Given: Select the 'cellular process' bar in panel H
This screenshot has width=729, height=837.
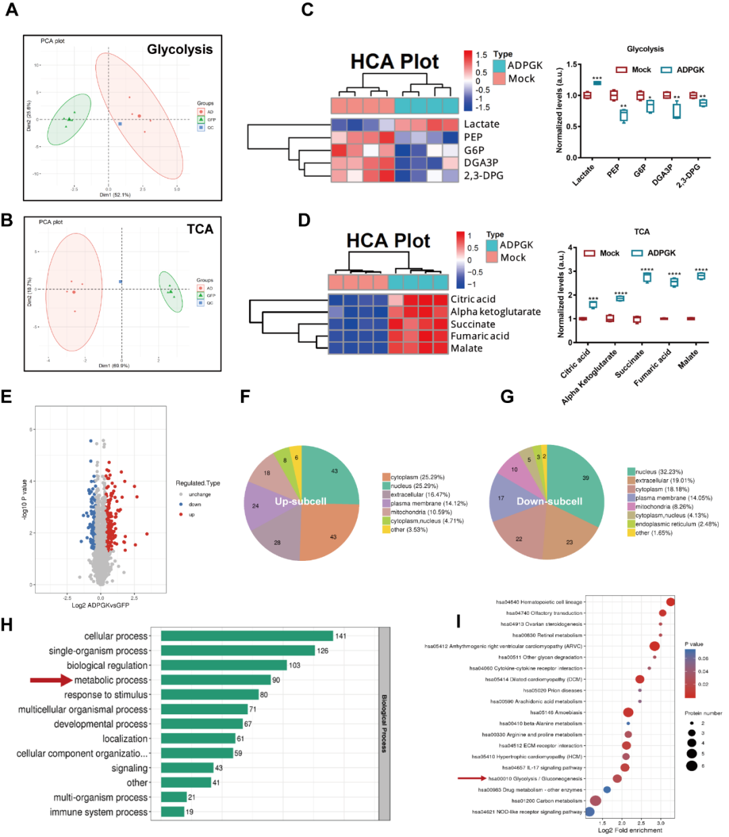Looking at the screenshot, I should click(x=247, y=636).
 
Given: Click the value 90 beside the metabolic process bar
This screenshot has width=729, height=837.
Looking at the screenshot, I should click(x=276, y=680).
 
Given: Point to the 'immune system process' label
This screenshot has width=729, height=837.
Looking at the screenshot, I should click(x=99, y=812).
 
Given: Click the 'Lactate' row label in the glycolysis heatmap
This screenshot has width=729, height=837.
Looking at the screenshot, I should click(x=481, y=124).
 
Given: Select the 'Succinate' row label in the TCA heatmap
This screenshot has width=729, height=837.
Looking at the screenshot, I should click(x=473, y=324).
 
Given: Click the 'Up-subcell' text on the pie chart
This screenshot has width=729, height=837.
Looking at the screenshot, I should click(x=300, y=502).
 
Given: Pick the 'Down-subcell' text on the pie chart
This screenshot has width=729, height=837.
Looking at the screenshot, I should click(x=549, y=502).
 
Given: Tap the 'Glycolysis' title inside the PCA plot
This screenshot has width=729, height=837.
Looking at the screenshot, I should click(x=180, y=49).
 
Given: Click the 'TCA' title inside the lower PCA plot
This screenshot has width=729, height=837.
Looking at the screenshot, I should click(x=200, y=230).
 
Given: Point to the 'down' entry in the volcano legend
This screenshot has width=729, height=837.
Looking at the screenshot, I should click(x=195, y=504).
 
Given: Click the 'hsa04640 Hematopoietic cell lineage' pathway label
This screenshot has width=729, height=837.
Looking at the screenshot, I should click(x=539, y=602).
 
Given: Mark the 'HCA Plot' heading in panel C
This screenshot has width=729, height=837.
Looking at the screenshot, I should click(x=394, y=62).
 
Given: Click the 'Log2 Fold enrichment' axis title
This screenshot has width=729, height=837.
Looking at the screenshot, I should click(x=630, y=830).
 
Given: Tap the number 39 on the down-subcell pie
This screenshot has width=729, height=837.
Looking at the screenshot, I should click(x=585, y=478).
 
